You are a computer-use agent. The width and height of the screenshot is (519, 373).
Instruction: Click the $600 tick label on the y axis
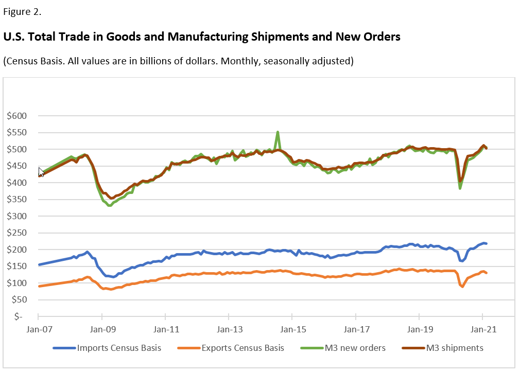18,116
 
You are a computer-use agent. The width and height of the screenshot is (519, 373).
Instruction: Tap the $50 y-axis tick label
20,299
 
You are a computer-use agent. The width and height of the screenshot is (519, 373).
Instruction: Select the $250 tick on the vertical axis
18,233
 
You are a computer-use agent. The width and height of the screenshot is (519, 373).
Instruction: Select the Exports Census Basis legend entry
230,348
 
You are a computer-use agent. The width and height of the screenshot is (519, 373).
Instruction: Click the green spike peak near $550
278,132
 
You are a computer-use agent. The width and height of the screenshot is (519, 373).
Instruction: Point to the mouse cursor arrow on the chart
41,171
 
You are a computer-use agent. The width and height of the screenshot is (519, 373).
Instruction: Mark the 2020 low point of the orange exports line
462,287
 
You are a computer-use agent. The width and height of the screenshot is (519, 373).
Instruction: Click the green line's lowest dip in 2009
109,205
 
